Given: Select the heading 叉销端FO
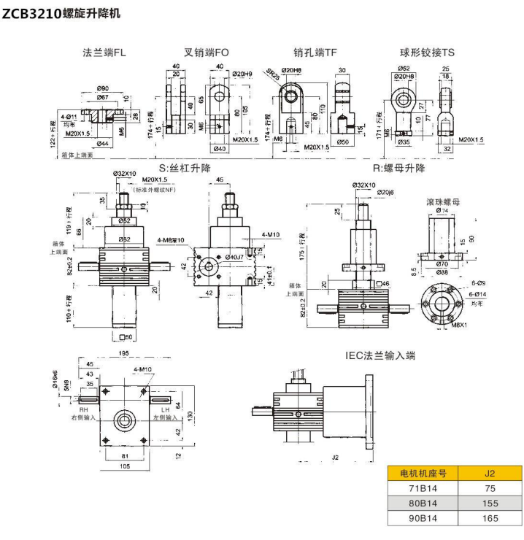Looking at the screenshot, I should pos(207,53).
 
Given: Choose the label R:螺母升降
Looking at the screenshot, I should pos(398,168).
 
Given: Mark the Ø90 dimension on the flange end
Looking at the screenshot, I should pos(101,88).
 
